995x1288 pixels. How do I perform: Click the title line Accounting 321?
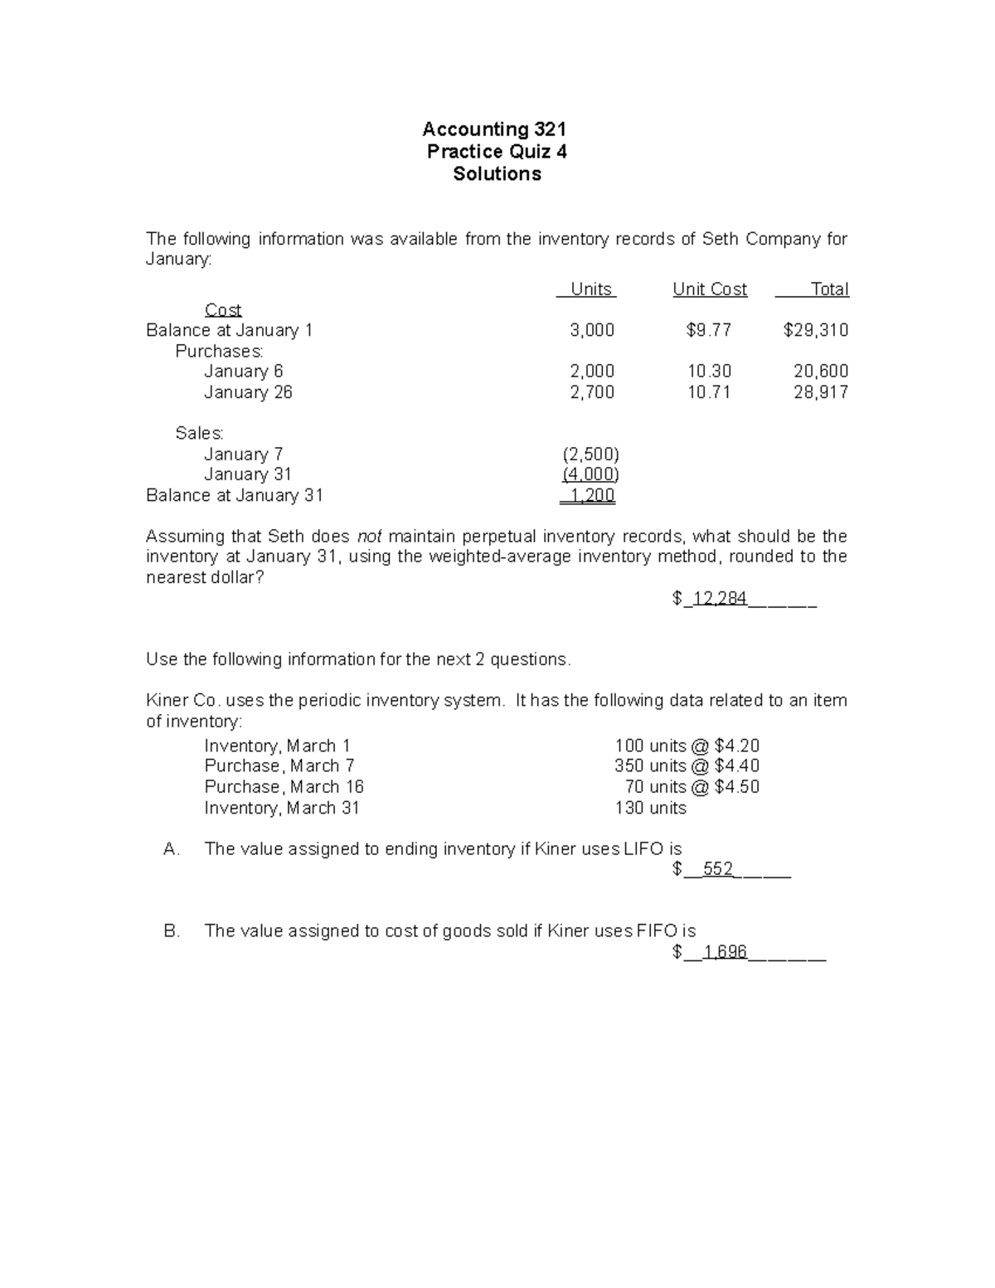pyautogui.click(x=494, y=129)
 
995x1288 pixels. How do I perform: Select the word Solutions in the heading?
pyautogui.click(x=497, y=174)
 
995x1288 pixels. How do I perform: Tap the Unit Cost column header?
pyautogui.click(x=710, y=289)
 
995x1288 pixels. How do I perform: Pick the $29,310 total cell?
pyautogui.click(x=816, y=331)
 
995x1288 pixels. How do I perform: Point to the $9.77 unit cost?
pyautogui.click(x=709, y=331)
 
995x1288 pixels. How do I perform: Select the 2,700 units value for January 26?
pyautogui.click(x=592, y=392)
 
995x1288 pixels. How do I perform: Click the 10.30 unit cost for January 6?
pyautogui.click(x=709, y=372)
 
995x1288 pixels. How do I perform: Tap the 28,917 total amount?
pyautogui.click(x=821, y=392)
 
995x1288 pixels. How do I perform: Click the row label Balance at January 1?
pyautogui.click(x=230, y=331)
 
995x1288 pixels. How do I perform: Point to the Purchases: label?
pyautogui.click(x=220, y=352)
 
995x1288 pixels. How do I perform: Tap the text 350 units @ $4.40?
pyautogui.click(x=687, y=766)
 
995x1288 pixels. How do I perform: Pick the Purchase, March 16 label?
pyautogui.click(x=284, y=787)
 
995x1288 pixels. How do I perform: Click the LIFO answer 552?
pyautogui.click(x=718, y=869)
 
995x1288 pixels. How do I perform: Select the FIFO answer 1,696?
pyautogui.click(x=725, y=952)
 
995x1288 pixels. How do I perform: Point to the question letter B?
pyautogui.click(x=172, y=931)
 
